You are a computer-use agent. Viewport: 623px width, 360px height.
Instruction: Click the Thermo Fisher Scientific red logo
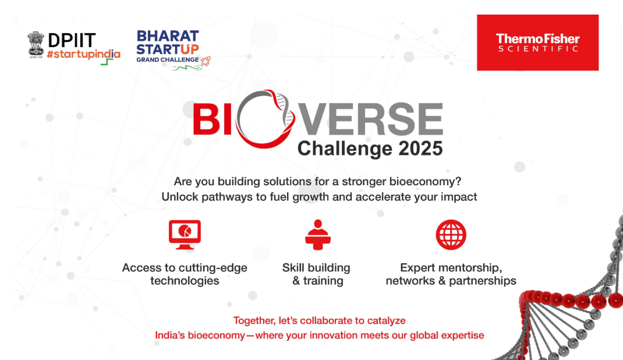click(537, 43)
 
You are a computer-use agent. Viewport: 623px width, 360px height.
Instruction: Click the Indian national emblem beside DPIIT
click(36, 44)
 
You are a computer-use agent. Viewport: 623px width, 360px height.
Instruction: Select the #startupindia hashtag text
click(83, 54)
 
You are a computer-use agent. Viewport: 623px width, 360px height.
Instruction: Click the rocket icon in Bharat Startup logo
click(205, 60)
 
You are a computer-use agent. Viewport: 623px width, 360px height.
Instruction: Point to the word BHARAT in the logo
click(168, 36)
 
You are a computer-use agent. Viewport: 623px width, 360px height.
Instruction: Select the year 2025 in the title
click(420, 149)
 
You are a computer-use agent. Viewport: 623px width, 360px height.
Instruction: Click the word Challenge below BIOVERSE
click(344, 149)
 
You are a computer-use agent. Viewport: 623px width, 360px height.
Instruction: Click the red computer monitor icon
click(185, 235)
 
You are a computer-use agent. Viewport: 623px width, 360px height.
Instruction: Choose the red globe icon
click(451, 235)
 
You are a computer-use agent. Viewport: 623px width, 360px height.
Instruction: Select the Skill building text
click(316, 268)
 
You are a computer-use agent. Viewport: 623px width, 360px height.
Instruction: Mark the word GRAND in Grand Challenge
click(151, 59)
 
